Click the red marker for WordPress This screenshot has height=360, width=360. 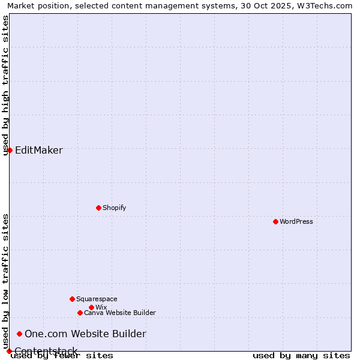(275, 221)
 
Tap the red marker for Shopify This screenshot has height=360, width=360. (98, 208)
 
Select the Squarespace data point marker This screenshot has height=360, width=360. (72, 299)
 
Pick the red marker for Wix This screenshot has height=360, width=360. (91, 307)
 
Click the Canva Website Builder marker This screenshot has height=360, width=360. (80, 313)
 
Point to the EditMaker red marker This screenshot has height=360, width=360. (10, 150)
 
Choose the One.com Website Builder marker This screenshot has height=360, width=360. (20, 334)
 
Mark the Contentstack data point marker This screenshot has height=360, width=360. (9, 351)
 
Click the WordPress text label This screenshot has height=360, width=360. (296, 221)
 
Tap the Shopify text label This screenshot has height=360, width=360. (115, 208)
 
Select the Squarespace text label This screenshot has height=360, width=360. (97, 299)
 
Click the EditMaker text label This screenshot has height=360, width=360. (39, 150)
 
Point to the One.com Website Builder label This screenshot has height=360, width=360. (85, 334)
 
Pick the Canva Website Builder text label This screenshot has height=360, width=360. (120, 313)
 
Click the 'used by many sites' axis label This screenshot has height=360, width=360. (301, 356)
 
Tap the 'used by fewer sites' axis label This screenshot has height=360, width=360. (62, 356)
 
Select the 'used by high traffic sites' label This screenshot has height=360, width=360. (6, 85)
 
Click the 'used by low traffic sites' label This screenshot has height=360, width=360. (6, 281)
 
